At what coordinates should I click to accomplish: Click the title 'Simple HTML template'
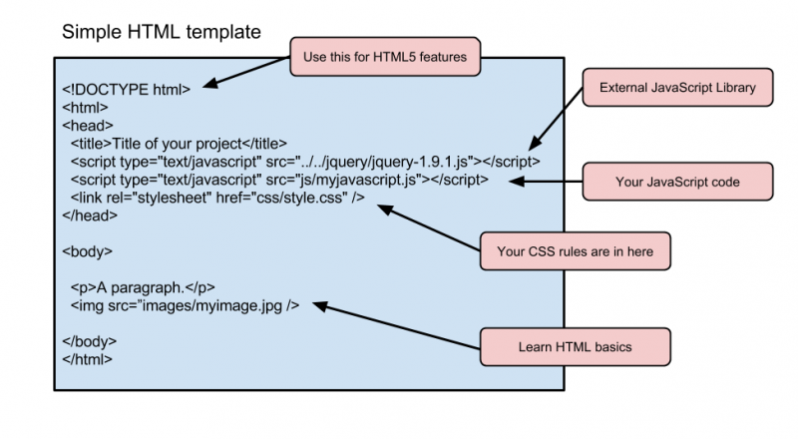[x=162, y=32]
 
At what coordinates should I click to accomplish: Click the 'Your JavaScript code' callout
[x=677, y=182]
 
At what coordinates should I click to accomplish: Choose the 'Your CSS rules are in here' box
[x=576, y=251]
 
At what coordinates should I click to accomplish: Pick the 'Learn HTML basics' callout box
[x=576, y=347]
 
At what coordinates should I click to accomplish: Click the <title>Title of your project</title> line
[x=179, y=143]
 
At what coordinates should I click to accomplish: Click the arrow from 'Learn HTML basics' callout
[x=399, y=326]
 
